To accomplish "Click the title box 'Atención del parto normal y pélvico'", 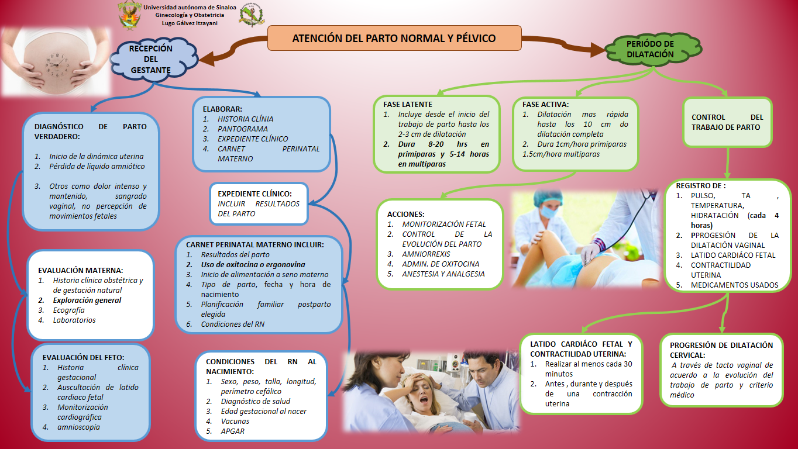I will [394, 39].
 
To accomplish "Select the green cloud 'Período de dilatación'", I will [649, 49].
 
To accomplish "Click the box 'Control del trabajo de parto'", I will [727, 122].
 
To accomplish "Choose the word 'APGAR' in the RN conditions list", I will [233, 431].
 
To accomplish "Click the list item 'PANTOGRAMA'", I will [242, 129].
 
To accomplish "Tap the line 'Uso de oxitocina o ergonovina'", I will [253, 264].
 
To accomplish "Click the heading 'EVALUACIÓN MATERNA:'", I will [81, 270].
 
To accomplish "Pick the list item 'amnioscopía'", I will [78, 427].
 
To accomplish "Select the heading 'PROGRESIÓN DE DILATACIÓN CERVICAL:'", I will [723, 350].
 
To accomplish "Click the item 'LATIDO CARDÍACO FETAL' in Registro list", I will [732, 255].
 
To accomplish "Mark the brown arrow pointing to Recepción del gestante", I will [231, 50].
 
